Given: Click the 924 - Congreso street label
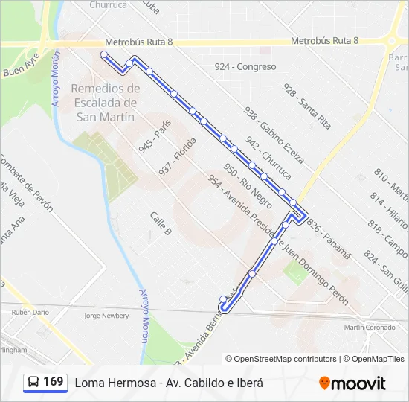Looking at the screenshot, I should [x=245, y=67].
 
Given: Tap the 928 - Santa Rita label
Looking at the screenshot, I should [x=306, y=106].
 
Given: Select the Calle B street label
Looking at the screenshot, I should [x=161, y=223].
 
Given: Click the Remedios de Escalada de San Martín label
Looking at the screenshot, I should [x=106, y=102].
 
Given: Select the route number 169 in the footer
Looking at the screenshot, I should [x=53, y=382].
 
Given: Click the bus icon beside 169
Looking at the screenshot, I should [x=34, y=383].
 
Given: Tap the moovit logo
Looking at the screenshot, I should [x=352, y=383].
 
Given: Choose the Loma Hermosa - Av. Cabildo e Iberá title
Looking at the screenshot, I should [x=169, y=383].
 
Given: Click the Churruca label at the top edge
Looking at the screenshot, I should [x=108, y=4].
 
